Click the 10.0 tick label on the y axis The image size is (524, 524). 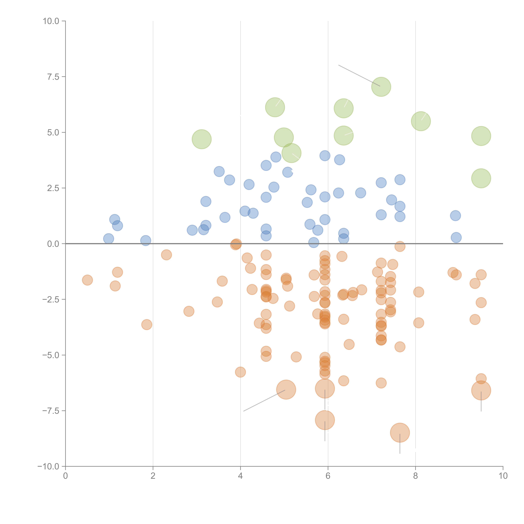click(51, 21)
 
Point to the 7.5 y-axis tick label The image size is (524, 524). click(53, 77)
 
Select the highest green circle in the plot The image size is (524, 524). click(381, 87)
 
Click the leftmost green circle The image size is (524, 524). click(202, 139)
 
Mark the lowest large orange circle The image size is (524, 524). click(400, 433)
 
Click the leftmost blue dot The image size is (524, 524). click(108, 239)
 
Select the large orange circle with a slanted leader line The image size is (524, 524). click(286, 389)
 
